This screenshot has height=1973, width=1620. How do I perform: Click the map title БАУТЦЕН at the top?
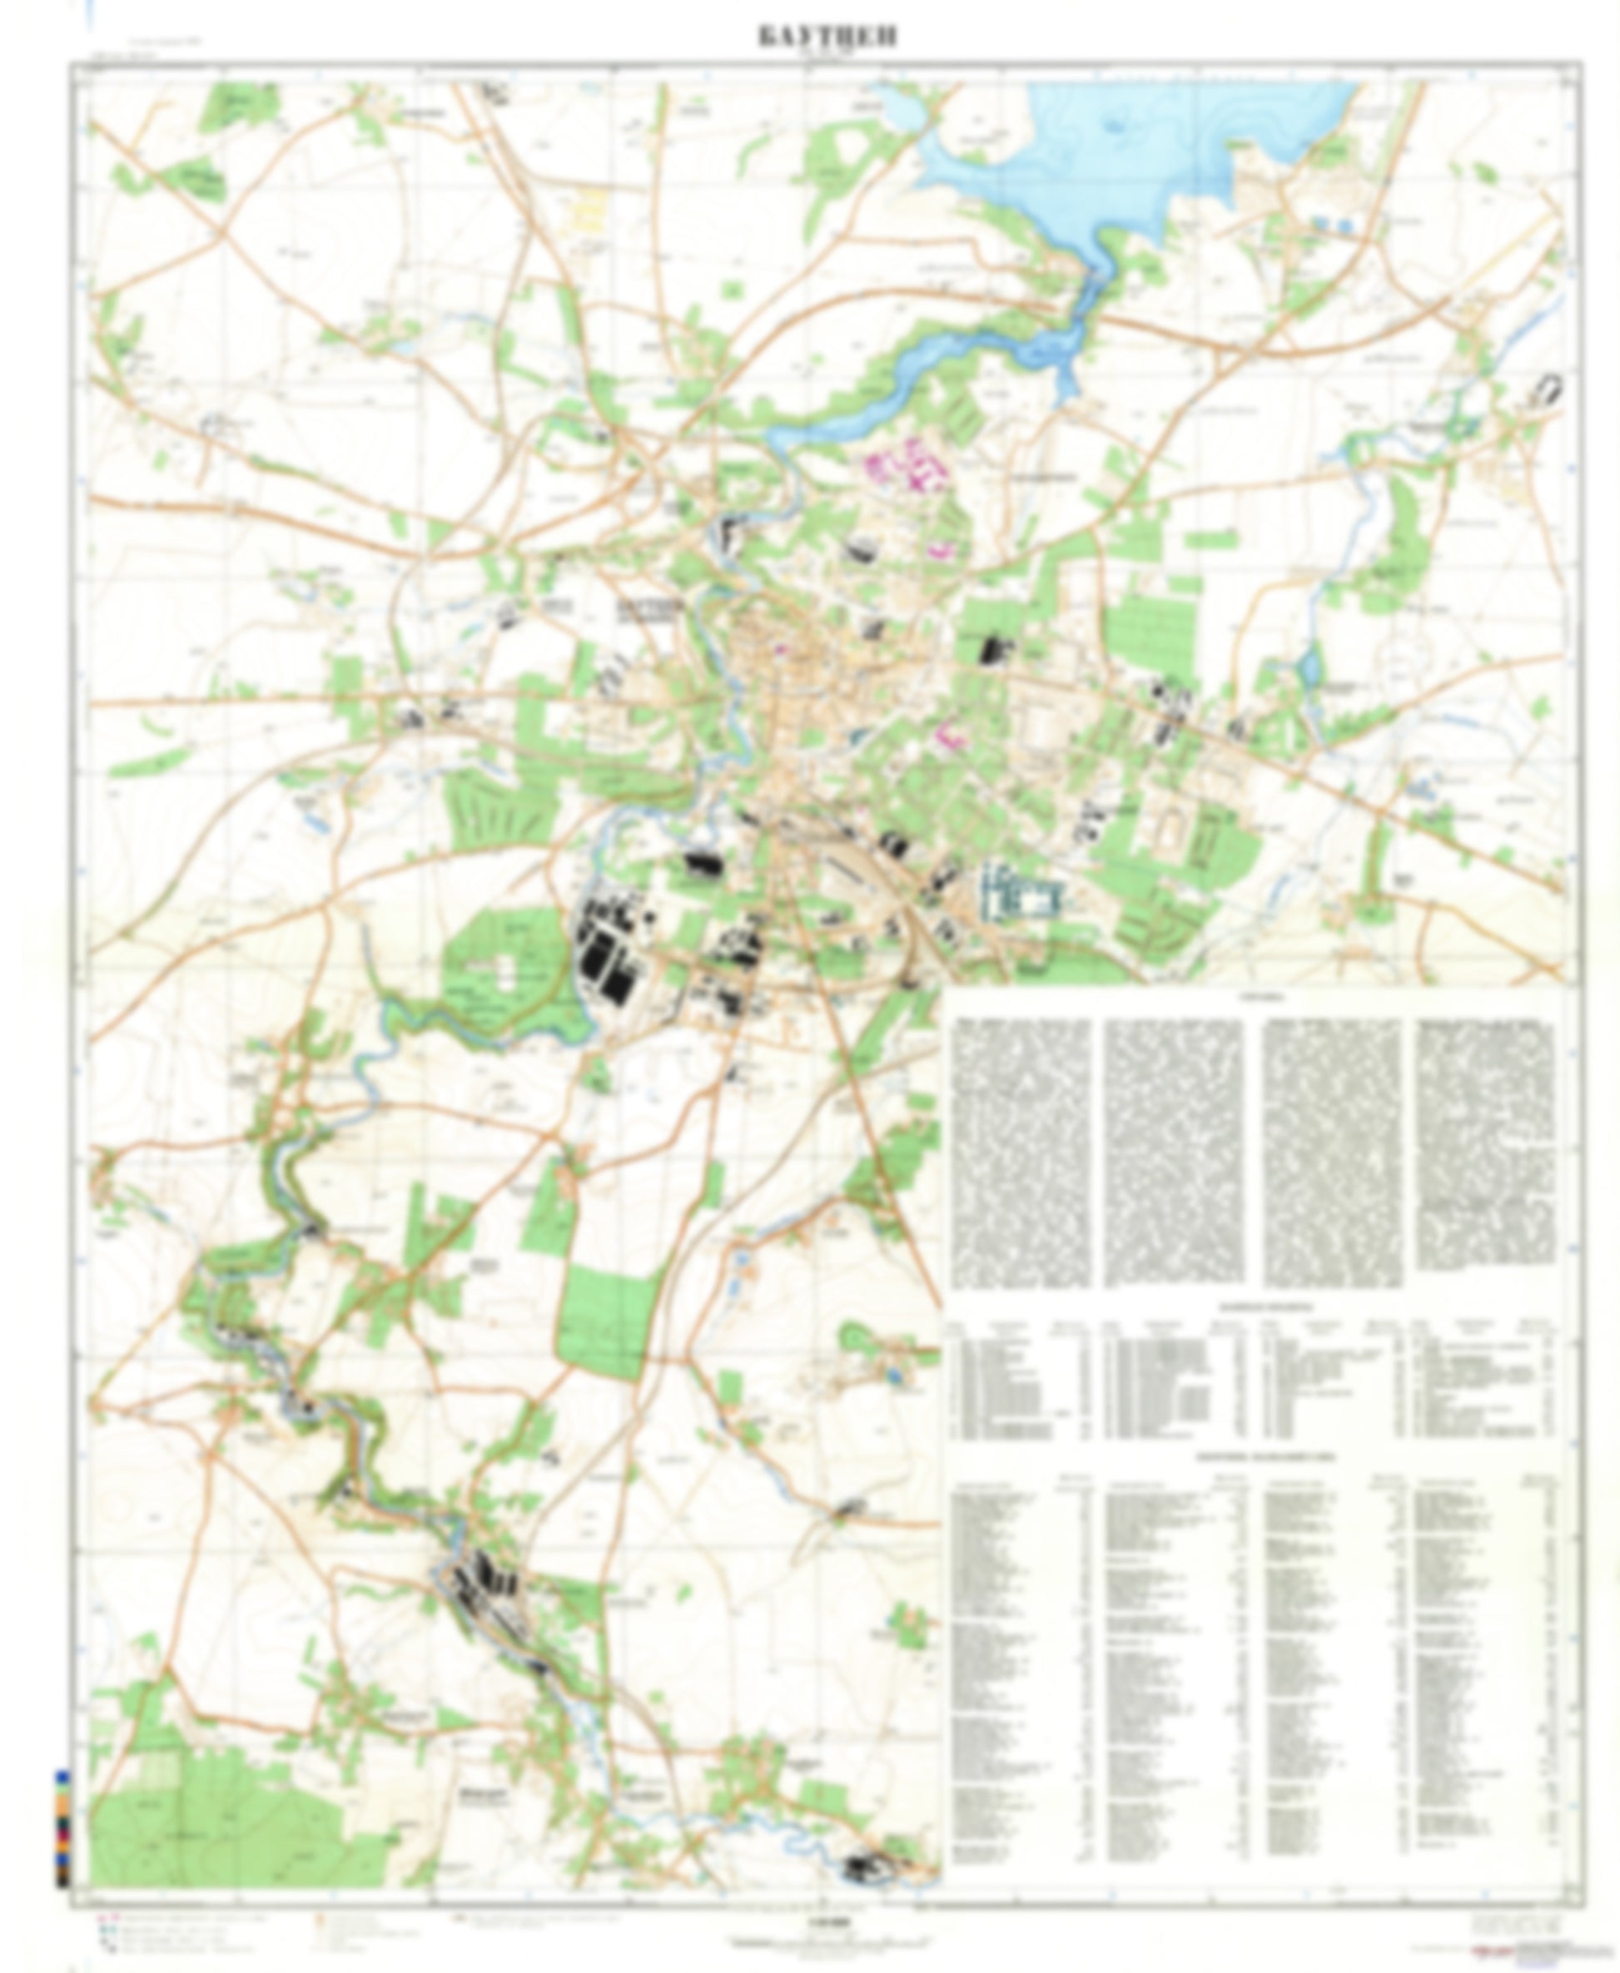click(x=827, y=37)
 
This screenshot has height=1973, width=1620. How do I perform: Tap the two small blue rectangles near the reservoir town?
click(x=1332, y=224)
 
